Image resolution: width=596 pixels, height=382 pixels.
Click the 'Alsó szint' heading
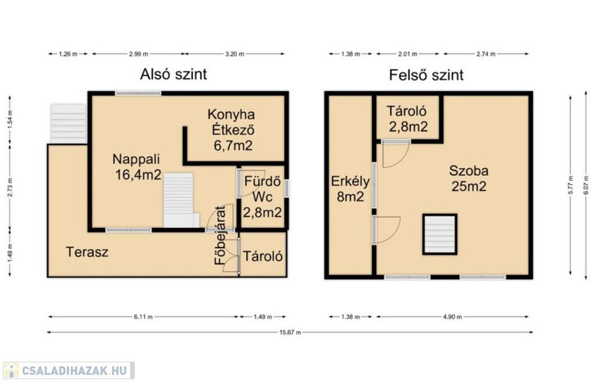tap(173, 74)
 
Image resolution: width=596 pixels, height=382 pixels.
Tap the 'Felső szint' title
tap(426, 75)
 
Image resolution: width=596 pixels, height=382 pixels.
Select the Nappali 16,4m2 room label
tap(137, 167)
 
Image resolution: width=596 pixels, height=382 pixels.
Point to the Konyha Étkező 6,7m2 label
tap(232, 130)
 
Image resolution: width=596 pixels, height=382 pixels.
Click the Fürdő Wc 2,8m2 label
tap(262, 196)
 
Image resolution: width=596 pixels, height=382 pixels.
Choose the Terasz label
tap(87, 252)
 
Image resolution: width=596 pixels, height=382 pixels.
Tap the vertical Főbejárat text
tap(220, 235)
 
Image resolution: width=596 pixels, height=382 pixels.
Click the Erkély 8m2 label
tap(350, 189)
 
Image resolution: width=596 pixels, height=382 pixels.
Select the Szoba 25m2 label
tap(469, 178)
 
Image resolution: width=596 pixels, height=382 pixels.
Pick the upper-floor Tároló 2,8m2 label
tap(407, 118)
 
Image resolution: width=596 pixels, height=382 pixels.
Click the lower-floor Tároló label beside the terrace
tap(262, 256)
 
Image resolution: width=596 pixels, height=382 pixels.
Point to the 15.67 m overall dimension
tap(290, 332)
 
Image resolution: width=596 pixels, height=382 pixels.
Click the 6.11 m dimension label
tap(143, 317)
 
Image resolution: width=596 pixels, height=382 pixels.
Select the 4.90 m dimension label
tap(452, 317)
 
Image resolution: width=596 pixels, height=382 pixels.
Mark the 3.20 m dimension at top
tap(235, 54)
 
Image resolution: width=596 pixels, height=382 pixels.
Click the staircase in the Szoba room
tap(440, 234)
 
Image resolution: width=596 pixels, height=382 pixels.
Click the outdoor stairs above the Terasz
tap(69, 123)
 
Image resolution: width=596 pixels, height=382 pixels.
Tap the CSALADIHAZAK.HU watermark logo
tap(69, 370)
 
